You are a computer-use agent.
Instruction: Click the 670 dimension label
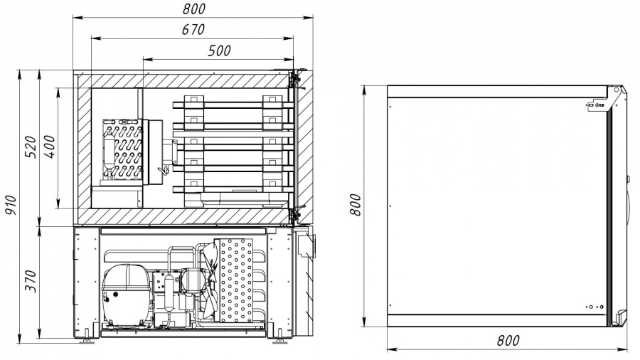[193, 30]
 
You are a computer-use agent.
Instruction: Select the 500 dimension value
[220, 51]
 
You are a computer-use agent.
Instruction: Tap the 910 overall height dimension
[10, 205]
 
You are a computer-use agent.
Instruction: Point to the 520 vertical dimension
[31, 147]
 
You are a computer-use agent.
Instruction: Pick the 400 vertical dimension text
[49, 147]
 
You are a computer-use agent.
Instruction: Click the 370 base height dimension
[31, 281]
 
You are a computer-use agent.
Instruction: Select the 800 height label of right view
[356, 205]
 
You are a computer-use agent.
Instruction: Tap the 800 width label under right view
[508, 340]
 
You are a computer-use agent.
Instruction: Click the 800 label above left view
[194, 9]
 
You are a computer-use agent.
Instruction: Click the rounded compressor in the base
[124, 294]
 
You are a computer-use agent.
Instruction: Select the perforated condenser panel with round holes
[236, 280]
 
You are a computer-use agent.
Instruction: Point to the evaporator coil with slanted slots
[123, 150]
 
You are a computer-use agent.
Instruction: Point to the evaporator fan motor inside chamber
[170, 151]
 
